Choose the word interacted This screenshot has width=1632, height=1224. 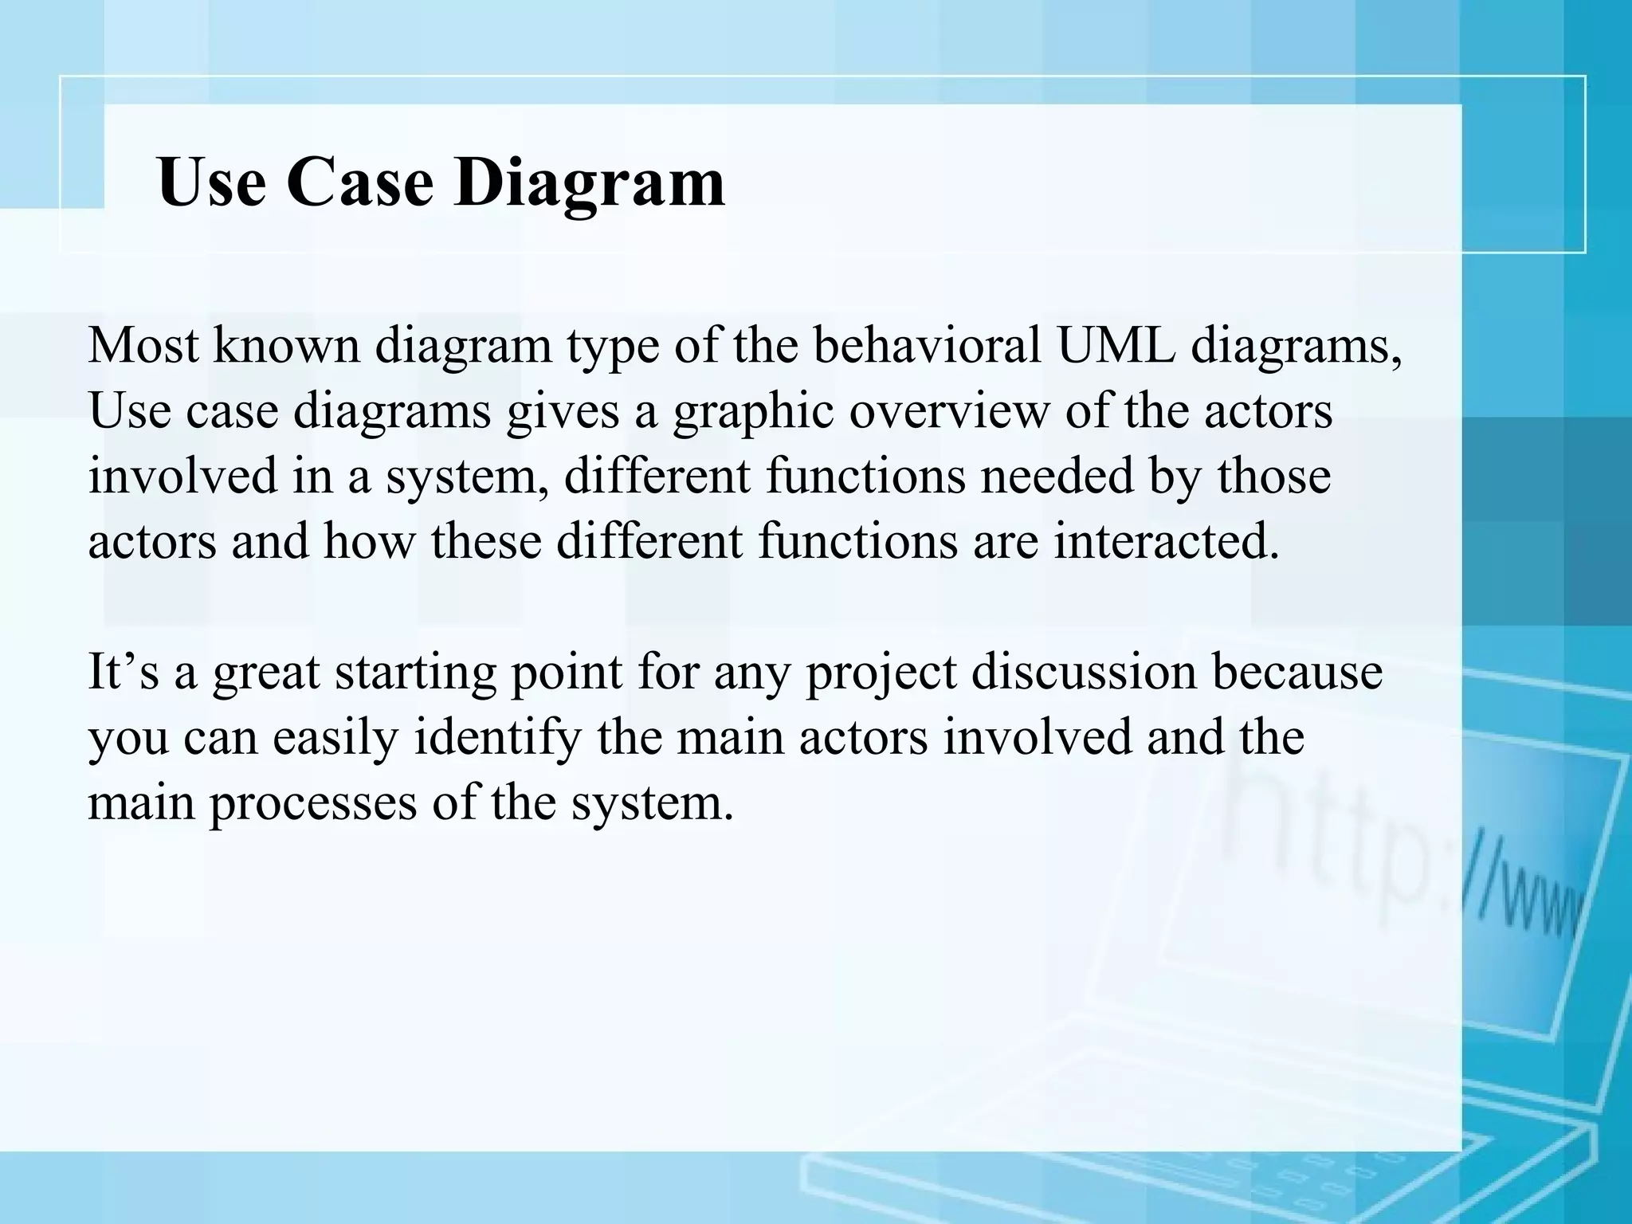[x=1166, y=541]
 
